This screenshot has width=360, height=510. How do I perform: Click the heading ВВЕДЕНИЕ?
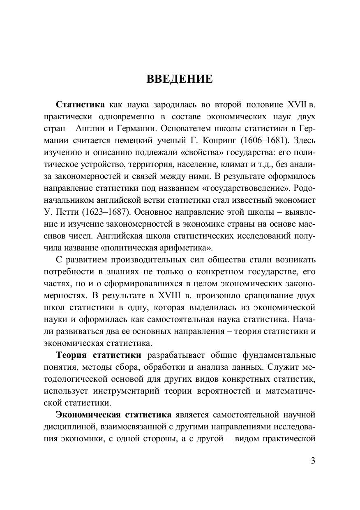pos(180,79)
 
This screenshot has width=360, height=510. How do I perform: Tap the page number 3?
pos(313,460)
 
